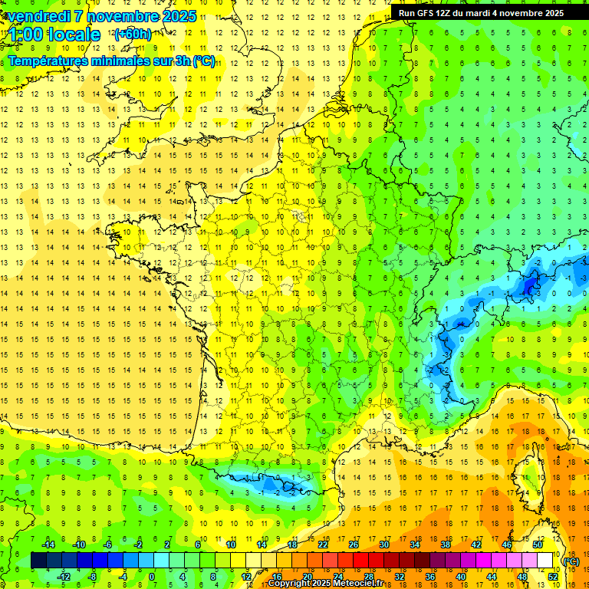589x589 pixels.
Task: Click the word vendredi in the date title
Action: pyautogui.click(x=39, y=16)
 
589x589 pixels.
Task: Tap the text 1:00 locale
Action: pyautogui.click(x=54, y=35)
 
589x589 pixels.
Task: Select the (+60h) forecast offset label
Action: pyautogui.click(x=132, y=34)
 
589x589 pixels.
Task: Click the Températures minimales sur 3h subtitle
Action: pyautogui.click(x=111, y=61)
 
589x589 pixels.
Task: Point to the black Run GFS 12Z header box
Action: pyautogui.click(x=481, y=13)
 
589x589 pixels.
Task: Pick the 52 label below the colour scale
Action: pyautogui.click(x=553, y=577)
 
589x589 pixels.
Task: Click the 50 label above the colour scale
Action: pyautogui.click(x=537, y=545)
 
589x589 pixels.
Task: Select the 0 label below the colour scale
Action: pyautogui.click(x=151, y=577)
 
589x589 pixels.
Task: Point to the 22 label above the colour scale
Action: pyautogui.click(x=323, y=545)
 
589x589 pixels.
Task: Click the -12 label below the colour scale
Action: pyautogui.click(x=64, y=577)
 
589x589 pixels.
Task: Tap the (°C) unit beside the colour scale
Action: pyautogui.click(x=571, y=561)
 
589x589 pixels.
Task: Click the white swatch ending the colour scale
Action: pyautogui.click(x=545, y=561)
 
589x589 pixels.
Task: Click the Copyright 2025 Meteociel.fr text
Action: pyautogui.click(x=325, y=584)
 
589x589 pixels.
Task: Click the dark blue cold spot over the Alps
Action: pyautogui.click(x=528, y=286)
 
